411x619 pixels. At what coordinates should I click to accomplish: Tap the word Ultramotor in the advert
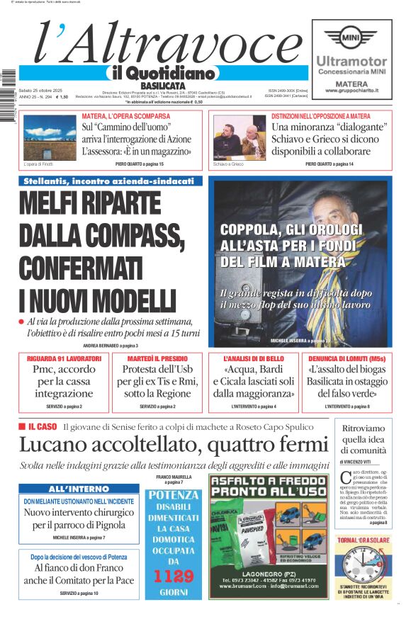tap(351, 62)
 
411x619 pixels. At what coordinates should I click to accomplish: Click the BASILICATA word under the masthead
tap(158, 85)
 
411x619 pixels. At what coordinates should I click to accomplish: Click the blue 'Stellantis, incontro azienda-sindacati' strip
tap(109, 181)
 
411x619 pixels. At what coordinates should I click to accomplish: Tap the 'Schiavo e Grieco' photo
tap(240, 137)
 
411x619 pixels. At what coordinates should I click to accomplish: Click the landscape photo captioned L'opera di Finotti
tap(50, 137)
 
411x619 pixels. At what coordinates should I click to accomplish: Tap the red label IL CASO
tap(42, 427)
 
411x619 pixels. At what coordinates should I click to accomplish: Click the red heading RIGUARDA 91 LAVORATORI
tap(64, 359)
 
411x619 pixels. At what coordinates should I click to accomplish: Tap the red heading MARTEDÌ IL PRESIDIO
tap(157, 359)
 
